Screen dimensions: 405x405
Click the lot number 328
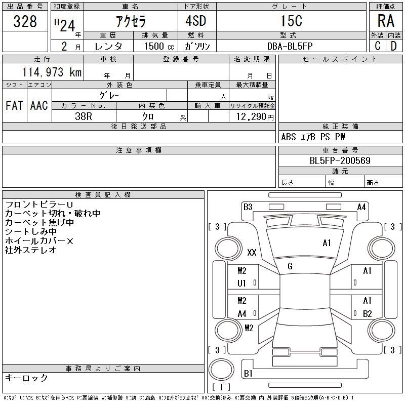click(x=25, y=21)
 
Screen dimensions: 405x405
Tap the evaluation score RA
click(x=386, y=21)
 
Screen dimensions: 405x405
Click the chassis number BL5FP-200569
click(x=340, y=161)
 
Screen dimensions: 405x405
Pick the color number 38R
click(x=84, y=116)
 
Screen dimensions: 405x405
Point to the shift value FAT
click(x=14, y=105)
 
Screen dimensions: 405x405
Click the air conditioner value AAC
click(x=39, y=105)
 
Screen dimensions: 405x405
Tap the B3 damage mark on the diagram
click(x=248, y=207)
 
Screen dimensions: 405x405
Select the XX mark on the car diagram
click(x=252, y=252)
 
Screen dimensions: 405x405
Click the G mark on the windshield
click(x=290, y=266)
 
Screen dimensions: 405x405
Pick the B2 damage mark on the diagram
click(x=368, y=313)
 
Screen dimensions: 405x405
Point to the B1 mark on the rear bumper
click(x=248, y=373)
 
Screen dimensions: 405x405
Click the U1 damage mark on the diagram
click(x=242, y=283)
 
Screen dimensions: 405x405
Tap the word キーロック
click(x=26, y=378)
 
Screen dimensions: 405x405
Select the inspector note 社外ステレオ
click(x=30, y=250)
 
